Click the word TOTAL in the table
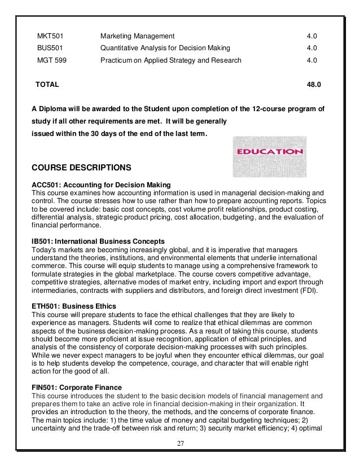(47, 84)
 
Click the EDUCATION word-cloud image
(269, 156)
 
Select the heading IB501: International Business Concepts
(98, 241)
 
